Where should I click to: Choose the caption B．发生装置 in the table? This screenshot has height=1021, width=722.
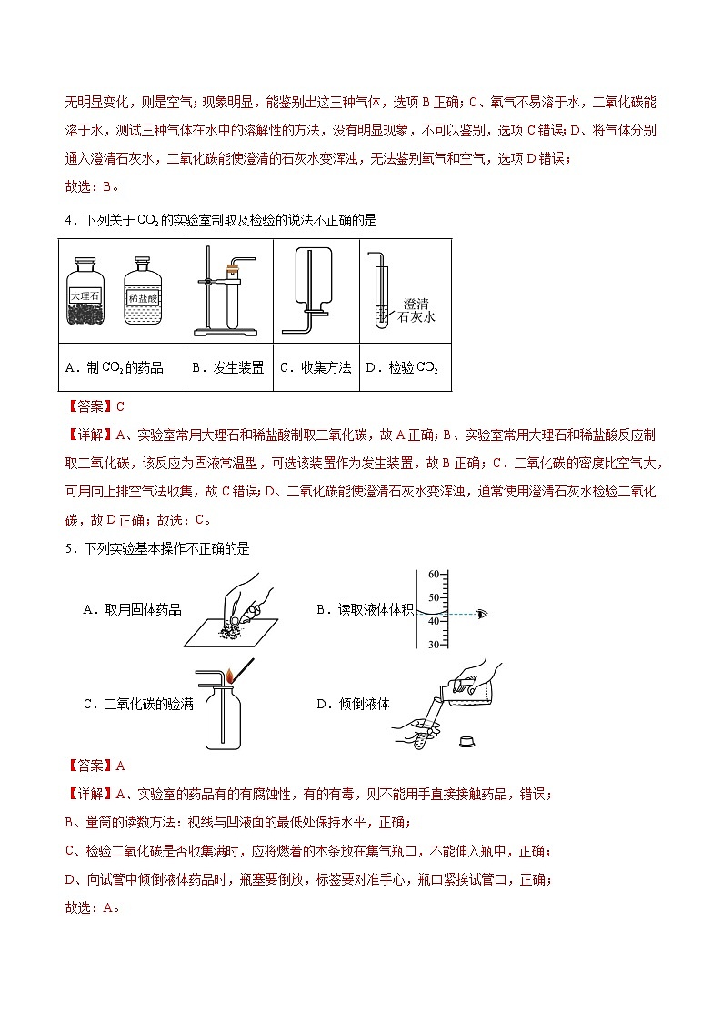pos(227,367)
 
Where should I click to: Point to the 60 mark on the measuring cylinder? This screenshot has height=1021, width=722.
pos(433,574)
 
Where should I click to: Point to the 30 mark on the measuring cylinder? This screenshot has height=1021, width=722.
pos(433,644)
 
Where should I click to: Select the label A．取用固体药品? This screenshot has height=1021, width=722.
pos(132,609)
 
